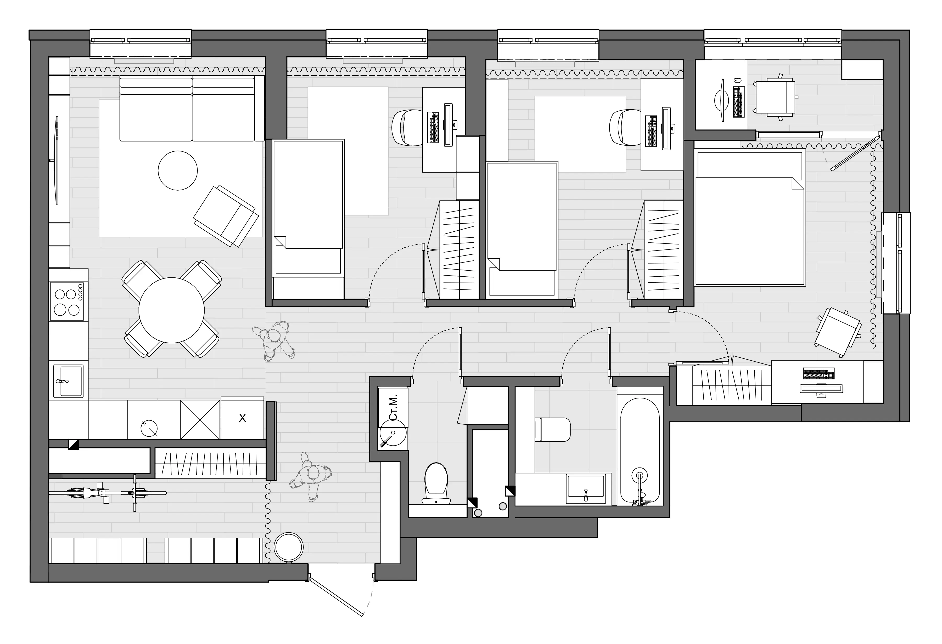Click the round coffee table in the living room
177,170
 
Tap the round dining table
171,310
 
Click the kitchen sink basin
68,381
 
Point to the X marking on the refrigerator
242,418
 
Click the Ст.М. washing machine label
393,407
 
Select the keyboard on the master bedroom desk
819,374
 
